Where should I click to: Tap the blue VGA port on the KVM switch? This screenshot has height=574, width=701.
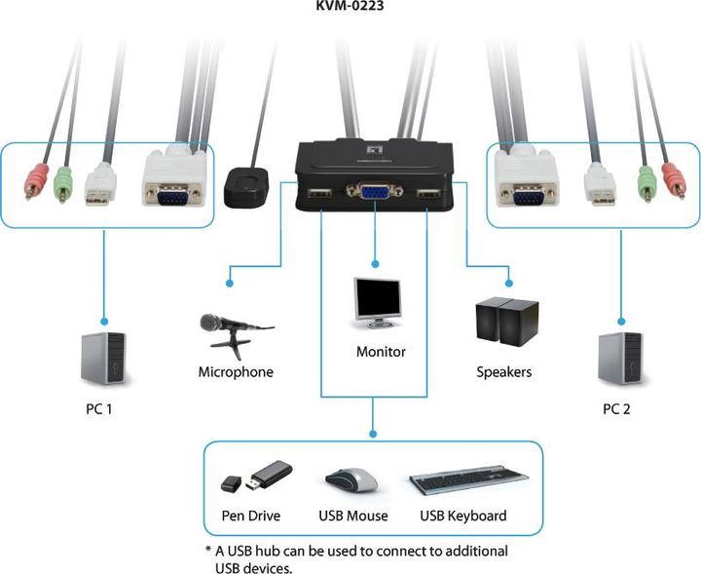click(x=374, y=196)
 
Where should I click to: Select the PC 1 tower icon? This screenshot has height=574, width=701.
click(x=104, y=360)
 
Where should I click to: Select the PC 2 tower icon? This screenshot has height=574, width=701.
click(x=620, y=360)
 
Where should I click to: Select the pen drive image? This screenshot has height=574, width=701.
click(x=256, y=478)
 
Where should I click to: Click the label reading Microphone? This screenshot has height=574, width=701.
click(x=236, y=371)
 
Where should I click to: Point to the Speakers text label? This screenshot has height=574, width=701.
click(x=503, y=371)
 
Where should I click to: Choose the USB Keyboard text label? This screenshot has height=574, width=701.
click(x=463, y=516)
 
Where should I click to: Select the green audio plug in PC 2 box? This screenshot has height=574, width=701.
click(x=645, y=181)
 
